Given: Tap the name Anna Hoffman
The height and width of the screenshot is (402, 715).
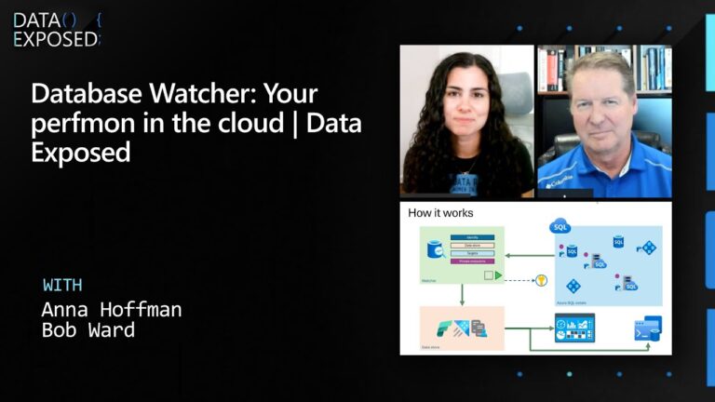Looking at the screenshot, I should coord(112,310).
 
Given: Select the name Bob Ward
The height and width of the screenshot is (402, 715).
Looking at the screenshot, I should coord(88,330).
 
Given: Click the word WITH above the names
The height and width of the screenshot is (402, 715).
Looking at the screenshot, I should coord(62,285).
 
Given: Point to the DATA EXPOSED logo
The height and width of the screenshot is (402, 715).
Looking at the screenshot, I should coord(56,30).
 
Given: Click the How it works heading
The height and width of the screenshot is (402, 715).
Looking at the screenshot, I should coord(440,213).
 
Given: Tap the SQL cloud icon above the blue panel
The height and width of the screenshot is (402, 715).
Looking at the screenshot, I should coord(560,227).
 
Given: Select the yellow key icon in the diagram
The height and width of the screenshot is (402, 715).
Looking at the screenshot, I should coord(540,279).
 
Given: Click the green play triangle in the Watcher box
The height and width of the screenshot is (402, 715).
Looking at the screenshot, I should coord(499,275).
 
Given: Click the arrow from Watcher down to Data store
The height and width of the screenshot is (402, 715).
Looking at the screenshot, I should coord(461,295).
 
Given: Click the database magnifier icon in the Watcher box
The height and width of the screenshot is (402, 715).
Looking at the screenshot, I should coord(435,250).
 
